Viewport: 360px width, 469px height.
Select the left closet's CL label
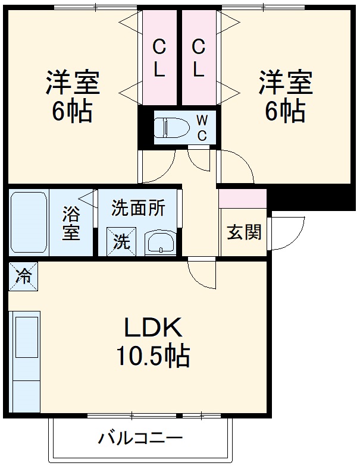(159, 58)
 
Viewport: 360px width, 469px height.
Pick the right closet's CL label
(199, 58)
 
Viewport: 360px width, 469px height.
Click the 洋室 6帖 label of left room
(72, 96)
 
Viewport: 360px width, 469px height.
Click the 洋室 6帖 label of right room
(285, 96)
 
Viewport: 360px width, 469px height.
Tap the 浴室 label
(71, 223)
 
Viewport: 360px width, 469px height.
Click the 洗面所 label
(138, 209)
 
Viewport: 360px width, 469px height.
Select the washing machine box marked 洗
(121, 241)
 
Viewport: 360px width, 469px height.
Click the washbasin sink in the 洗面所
(161, 243)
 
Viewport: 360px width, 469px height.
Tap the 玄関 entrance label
(244, 232)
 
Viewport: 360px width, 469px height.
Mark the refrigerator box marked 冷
(23, 275)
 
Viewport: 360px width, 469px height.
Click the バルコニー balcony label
(141, 439)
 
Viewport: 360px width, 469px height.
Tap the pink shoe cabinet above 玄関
(242, 198)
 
